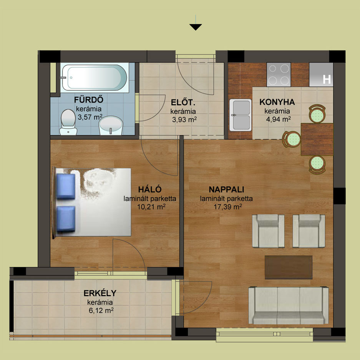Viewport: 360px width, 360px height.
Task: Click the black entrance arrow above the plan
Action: coord(196,27)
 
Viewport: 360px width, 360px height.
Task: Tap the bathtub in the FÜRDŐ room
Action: coord(94,78)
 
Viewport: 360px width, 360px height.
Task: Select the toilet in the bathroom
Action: coord(68,122)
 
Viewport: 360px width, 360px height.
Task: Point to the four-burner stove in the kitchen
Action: coord(279,75)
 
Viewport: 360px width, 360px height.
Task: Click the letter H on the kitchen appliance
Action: coord(327,80)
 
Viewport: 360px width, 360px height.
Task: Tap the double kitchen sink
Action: coord(241,115)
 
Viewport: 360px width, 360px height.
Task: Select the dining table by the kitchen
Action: coord(317,139)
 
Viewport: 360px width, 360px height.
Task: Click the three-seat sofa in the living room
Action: coord(289,305)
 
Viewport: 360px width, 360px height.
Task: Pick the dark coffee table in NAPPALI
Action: coord(289,267)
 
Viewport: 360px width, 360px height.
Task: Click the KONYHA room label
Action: coord(277,102)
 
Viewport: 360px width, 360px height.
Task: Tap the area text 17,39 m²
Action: coord(228,207)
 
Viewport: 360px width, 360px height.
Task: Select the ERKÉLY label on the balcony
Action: coord(100,293)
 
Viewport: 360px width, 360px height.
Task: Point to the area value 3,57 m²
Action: coord(90,117)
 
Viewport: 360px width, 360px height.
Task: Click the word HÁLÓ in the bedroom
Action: coord(150,189)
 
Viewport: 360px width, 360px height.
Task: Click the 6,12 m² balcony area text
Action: coord(101,311)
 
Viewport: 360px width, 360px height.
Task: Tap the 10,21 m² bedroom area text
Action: coord(151,207)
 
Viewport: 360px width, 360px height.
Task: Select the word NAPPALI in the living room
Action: coord(226,189)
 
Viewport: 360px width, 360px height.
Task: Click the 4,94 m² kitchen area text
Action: coord(279,119)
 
